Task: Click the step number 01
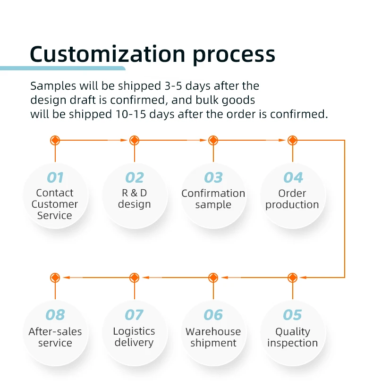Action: [55, 177]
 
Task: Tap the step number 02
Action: [134, 177]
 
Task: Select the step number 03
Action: [213, 177]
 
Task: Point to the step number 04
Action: [293, 177]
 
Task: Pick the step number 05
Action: [293, 315]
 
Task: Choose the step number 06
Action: [213, 315]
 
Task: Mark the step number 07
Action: [134, 315]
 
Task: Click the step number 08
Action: [55, 315]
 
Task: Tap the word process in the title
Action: [234, 56]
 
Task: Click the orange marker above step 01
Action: [55, 140]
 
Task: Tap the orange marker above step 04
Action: [293, 140]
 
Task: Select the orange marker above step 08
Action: [55, 278]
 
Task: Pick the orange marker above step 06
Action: [213, 278]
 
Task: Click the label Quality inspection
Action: [293, 337]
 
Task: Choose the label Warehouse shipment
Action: [213, 337]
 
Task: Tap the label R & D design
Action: [134, 199]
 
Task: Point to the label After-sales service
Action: [55, 337]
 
